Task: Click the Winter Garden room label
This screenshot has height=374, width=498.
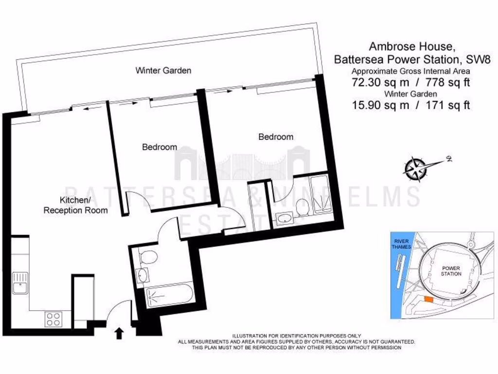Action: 163,71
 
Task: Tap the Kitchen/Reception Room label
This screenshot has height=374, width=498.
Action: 75,206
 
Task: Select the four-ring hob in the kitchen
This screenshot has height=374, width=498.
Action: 53,319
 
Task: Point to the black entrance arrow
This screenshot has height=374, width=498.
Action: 118,333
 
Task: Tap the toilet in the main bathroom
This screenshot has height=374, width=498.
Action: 147,256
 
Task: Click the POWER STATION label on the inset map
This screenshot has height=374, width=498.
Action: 451,271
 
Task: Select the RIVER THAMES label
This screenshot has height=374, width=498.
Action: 402,244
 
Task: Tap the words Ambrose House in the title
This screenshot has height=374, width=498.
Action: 412,47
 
